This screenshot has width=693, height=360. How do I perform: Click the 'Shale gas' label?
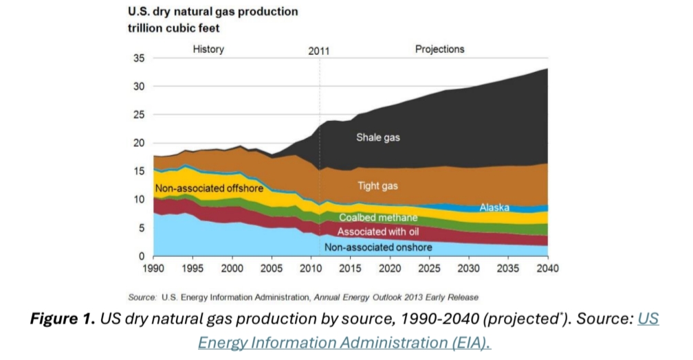pos(377,137)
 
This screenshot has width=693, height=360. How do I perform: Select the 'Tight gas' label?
pos(377,185)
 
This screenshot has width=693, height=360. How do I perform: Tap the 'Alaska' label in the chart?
pos(494,207)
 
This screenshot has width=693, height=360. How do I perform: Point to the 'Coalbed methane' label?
pos(377,218)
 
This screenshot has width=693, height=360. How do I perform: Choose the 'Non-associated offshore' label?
pos(210,188)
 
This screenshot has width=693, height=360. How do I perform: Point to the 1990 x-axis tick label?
pos(154,268)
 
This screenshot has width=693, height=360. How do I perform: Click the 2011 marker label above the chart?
pos(319,51)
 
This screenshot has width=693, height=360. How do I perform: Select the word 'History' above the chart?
pos(208,49)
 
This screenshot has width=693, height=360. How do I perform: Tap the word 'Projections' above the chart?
pos(440,49)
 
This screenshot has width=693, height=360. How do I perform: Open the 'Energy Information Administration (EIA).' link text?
pos(344,342)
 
